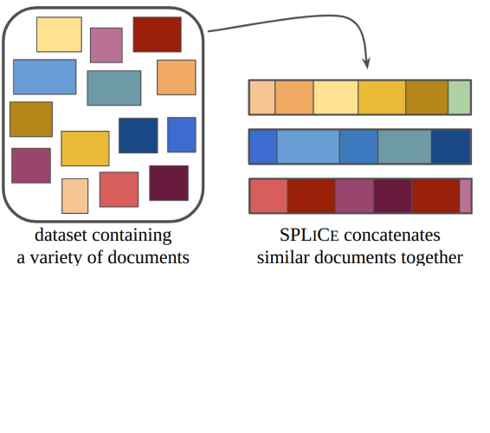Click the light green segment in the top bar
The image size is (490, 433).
(x=460, y=98)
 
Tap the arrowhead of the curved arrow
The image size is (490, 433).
(x=366, y=63)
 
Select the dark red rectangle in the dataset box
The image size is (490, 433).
(x=158, y=35)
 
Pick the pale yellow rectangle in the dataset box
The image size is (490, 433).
(x=59, y=35)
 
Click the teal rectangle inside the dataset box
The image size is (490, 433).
(x=114, y=87)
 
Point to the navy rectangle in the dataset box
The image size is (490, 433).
(x=139, y=135)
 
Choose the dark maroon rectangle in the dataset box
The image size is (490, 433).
(x=169, y=183)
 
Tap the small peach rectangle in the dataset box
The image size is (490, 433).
(x=75, y=196)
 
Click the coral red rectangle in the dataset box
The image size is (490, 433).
(x=119, y=190)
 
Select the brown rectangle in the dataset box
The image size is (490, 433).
(x=31, y=120)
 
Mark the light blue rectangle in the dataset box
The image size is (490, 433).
(x=45, y=76)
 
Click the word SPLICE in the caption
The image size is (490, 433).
(x=309, y=235)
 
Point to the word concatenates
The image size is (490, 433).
(x=392, y=236)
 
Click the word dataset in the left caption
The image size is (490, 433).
(x=61, y=235)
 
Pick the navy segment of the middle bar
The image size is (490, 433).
(x=451, y=146)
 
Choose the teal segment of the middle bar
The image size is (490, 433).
(x=404, y=146)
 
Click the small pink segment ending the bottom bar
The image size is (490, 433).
(x=465, y=196)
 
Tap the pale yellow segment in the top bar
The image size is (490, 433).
(x=336, y=98)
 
